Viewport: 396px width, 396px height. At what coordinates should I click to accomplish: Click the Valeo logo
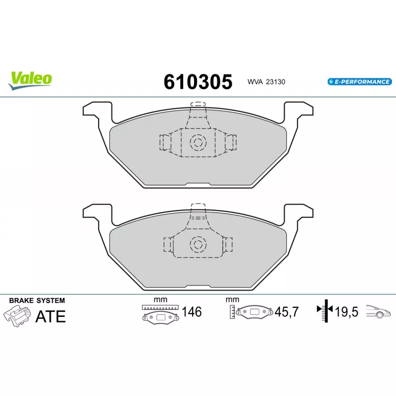point(30,81)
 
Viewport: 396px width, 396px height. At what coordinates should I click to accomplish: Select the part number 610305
point(198,82)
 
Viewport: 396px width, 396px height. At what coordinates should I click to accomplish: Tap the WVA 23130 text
point(266,82)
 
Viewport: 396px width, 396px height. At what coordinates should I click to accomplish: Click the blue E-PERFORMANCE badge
point(360,82)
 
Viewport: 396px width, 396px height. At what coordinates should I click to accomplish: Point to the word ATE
point(50,316)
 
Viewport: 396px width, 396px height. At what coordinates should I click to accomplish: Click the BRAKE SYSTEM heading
point(37,300)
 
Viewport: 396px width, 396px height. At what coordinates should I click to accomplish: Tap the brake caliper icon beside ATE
point(17,316)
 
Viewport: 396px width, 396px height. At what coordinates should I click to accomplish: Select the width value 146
point(192,312)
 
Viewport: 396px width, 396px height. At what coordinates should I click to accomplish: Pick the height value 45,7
point(287,312)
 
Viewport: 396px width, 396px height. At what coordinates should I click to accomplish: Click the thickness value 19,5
point(346,312)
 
